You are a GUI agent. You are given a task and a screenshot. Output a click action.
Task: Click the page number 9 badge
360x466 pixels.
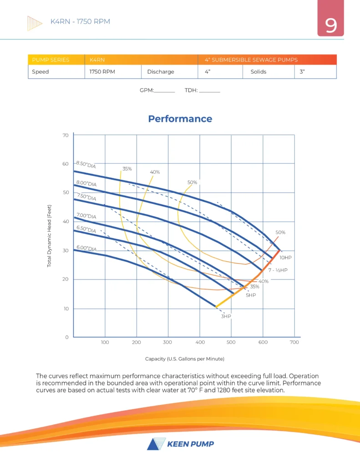331,25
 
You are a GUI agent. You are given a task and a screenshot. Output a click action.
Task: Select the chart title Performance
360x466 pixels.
180,119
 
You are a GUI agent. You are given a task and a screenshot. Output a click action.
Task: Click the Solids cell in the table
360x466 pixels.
258,72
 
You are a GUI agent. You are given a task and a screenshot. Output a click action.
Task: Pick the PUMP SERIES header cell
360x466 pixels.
51,60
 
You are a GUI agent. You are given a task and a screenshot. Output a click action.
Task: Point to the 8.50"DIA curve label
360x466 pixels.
86,164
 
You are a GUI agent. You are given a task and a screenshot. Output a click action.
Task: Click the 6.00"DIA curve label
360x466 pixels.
86,248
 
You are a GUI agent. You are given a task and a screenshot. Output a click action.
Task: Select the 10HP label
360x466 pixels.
285,258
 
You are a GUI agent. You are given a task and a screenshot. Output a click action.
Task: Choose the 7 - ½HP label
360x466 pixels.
278,270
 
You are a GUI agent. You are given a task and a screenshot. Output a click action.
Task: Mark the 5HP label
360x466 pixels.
251,295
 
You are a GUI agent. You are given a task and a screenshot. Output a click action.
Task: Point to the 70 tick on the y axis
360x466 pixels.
65,135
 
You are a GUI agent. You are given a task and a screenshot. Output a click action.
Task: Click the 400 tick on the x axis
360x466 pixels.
199,342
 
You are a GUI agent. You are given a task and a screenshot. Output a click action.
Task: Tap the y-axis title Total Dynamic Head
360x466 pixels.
50,235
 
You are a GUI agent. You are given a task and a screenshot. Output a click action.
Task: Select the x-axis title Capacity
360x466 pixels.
185,359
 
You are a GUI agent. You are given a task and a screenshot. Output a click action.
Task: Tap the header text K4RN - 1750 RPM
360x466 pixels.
80,21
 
